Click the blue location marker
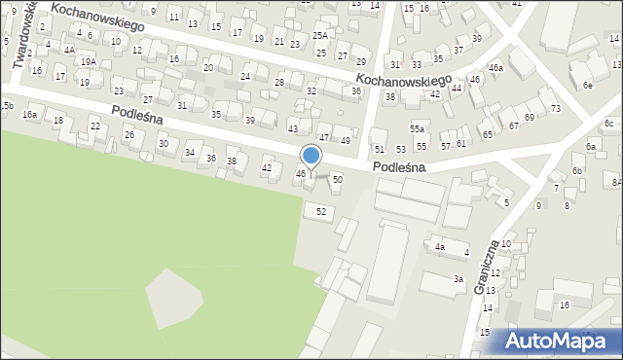(311, 156)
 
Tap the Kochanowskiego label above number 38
(403, 79)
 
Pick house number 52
(321, 211)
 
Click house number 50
(337, 180)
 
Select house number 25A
(320, 36)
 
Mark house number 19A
(88, 61)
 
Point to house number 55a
(417, 128)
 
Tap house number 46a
(495, 68)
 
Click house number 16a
(30, 115)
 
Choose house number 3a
(458, 279)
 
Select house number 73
(555, 108)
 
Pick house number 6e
(588, 86)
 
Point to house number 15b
(7, 104)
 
